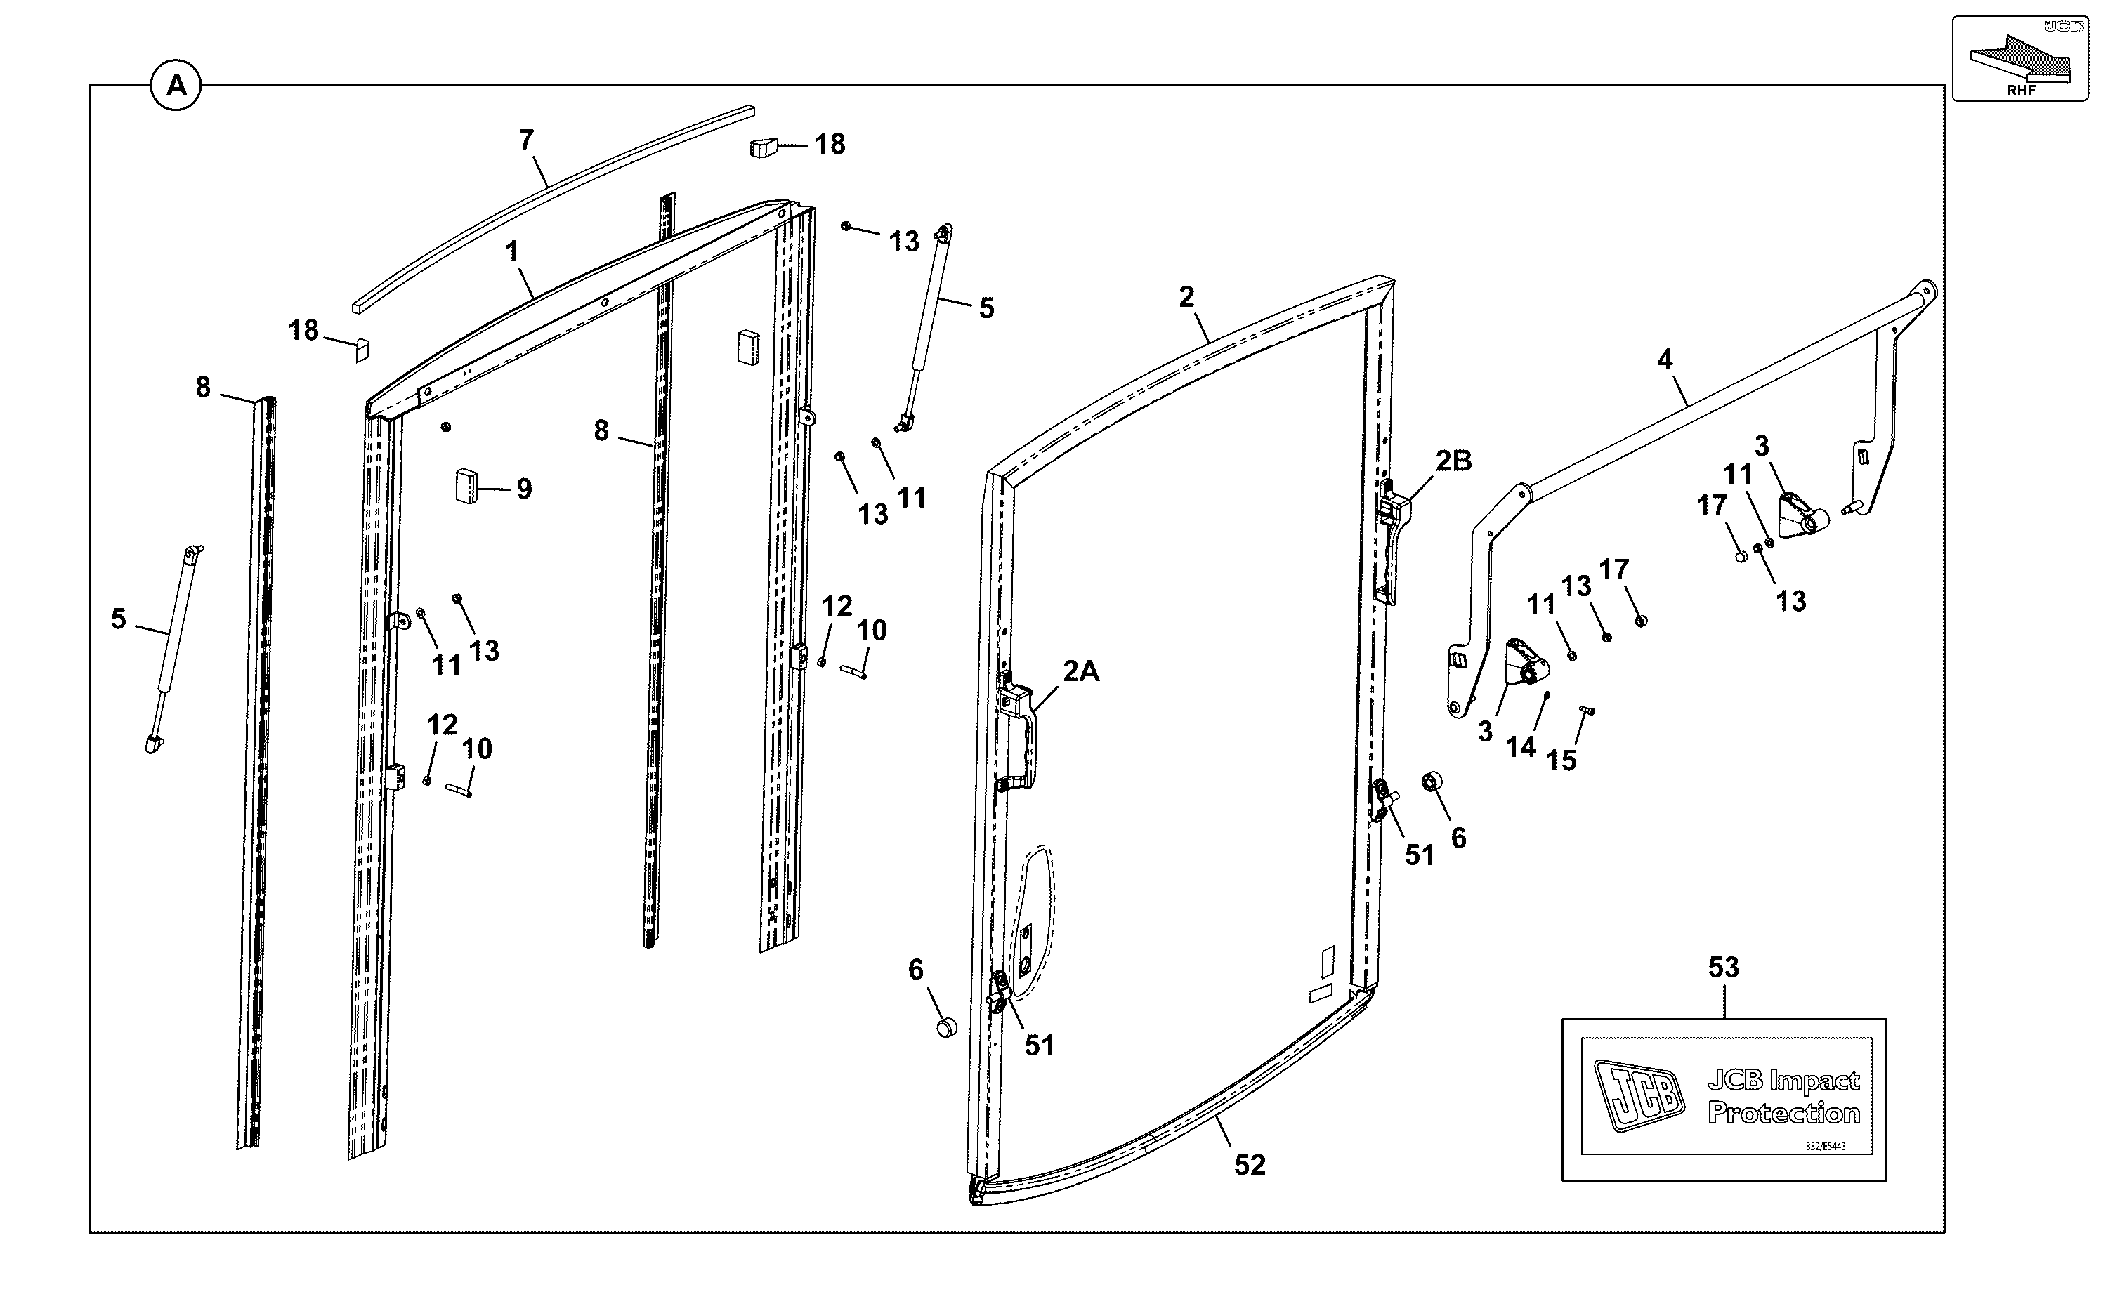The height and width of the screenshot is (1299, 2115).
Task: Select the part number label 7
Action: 527,139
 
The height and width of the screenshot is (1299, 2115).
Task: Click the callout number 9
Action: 524,489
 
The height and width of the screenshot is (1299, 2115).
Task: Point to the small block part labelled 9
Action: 466,487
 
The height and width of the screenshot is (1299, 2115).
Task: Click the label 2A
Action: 1081,671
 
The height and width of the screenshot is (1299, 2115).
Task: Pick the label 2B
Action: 1453,461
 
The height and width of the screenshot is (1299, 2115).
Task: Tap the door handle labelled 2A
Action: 1019,730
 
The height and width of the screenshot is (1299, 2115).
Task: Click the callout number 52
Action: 1250,1165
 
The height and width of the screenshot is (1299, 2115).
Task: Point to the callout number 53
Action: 1723,968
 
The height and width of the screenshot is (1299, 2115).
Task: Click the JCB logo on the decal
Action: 1639,1095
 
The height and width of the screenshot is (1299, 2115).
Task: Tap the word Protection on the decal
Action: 1784,1114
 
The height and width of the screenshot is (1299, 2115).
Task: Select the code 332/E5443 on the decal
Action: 1826,1147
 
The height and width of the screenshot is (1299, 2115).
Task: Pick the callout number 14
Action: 1520,747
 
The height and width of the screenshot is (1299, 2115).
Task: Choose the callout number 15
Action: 1561,760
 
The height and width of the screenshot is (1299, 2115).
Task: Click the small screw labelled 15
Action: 1587,710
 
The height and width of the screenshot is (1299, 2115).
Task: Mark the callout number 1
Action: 512,251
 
